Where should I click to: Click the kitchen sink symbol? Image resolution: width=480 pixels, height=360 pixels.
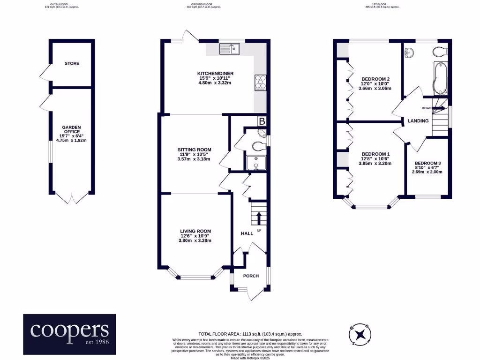(x=230, y=48)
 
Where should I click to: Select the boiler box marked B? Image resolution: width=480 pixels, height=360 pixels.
(x=262, y=121)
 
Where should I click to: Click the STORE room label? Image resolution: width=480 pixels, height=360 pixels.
(x=72, y=63)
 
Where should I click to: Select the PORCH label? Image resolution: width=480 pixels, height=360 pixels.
(x=251, y=276)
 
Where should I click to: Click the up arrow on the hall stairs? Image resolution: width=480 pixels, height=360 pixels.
(x=259, y=217)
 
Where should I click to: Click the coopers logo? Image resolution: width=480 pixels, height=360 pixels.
(x=70, y=333)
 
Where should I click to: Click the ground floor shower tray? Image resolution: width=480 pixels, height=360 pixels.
(x=256, y=162)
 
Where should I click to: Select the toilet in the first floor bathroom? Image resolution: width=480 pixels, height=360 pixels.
(x=441, y=51)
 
